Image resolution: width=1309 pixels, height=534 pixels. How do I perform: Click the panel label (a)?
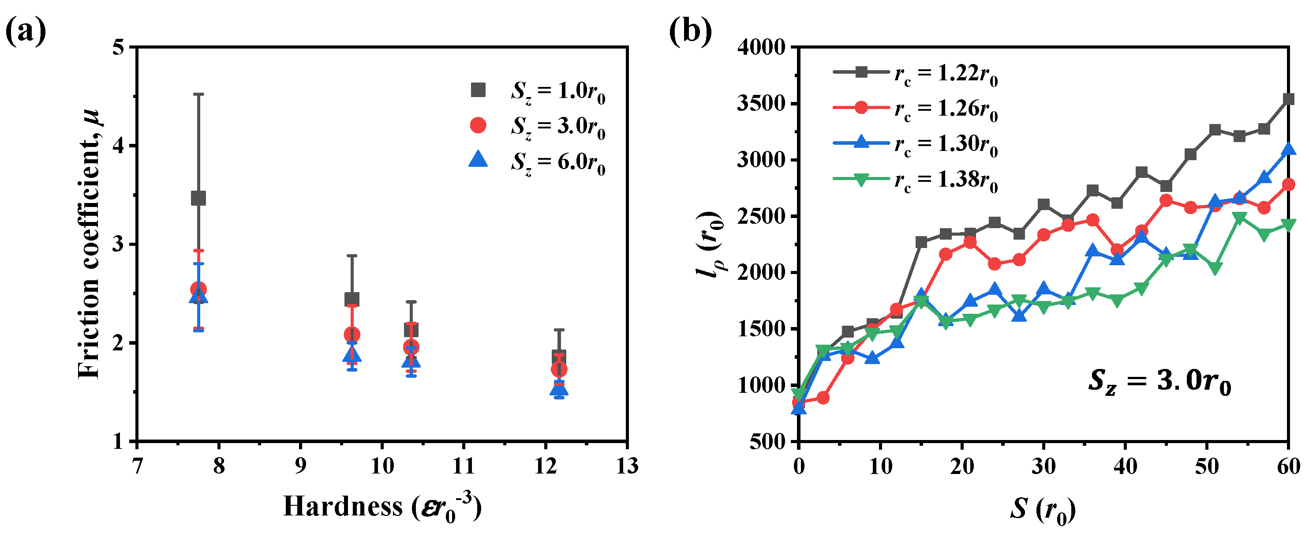point(26,31)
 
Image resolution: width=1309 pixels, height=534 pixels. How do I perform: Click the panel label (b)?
point(690,31)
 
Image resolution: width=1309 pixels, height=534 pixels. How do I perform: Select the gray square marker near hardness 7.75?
point(198,198)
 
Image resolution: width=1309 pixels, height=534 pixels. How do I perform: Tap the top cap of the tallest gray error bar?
point(198,94)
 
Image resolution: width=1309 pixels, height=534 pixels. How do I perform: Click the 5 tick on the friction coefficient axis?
point(118,47)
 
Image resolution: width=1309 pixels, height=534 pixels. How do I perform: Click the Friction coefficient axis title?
point(90,244)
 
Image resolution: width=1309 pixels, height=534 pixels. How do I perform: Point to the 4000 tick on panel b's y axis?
point(761,47)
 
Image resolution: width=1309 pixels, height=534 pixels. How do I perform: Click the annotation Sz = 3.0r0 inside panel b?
point(1159,381)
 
